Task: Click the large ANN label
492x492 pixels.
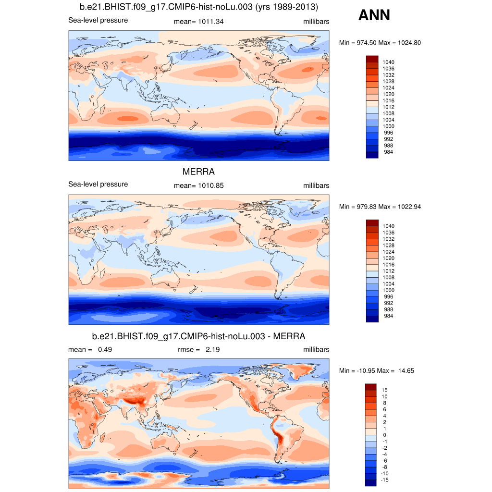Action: tap(374, 15)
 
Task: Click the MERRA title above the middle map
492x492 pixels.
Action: tap(198, 172)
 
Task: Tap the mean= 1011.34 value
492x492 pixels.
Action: tap(198, 22)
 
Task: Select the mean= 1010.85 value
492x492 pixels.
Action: tap(198, 185)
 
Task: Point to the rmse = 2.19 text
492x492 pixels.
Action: tap(198, 350)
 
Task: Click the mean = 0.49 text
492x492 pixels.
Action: tap(90, 350)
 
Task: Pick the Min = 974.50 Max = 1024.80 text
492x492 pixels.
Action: tap(380, 43)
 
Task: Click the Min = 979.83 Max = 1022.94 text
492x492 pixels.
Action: tap(380, 207)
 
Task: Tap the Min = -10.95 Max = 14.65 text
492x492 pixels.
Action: tap(377, 370)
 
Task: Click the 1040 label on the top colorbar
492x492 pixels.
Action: tap(388, 62)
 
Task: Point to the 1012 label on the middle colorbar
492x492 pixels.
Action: tap(388, 271)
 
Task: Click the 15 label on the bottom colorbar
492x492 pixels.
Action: tap(384, 390)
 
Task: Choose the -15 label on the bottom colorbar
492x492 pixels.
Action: tap(385, 480)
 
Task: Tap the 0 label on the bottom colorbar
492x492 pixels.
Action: tap(383, 435)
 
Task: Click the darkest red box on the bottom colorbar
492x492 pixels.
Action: tap(372, 387)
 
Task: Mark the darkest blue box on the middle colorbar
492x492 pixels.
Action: tap(372, 319)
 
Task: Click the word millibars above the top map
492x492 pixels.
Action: tap(316, 22)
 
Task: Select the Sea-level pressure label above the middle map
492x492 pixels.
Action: tap(98, 184)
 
